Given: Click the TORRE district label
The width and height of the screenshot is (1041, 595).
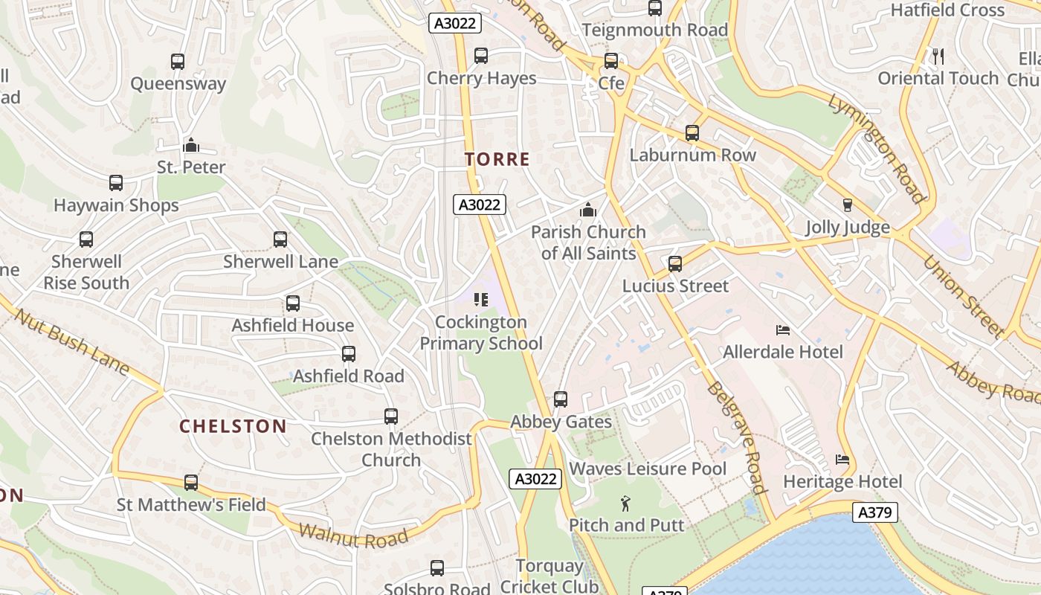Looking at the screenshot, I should coord(497,159).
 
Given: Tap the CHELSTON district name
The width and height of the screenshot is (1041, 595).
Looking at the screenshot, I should coord(233,426).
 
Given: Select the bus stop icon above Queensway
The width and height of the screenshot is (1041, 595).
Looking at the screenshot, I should coord(178,62).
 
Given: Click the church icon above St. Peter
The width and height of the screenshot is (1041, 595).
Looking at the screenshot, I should coord(191,145).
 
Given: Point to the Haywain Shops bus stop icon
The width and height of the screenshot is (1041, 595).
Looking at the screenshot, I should coord(116,183).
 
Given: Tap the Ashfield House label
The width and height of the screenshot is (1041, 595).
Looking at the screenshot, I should coord(292,326).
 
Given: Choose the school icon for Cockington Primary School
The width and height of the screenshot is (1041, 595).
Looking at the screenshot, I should coord(481,300).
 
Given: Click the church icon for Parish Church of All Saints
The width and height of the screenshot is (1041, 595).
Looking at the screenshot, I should coord(588,210).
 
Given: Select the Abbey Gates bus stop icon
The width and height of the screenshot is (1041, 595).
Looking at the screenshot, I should coord(561,399).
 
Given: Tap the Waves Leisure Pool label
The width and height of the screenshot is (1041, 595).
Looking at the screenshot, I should coord(648,469).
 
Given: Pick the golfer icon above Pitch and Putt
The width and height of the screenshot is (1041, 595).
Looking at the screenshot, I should coord(625,504).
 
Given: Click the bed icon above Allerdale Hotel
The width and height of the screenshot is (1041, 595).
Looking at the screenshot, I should coord(782,329).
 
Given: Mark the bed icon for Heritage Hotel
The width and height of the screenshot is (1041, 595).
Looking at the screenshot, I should coord(842,460).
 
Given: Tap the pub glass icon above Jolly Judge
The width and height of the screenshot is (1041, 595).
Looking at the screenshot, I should coord(847,205).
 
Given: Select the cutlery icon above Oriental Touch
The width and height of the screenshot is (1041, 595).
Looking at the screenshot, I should coord(938,56).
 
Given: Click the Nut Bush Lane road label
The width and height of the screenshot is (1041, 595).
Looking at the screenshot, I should coord(72,341).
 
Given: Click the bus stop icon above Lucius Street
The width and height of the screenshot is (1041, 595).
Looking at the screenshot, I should coord(674,264).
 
